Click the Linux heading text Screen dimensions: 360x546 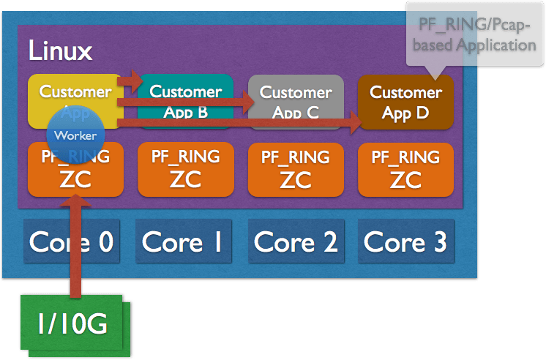[x=60, y=51]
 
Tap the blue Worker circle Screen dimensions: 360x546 [x=75, y=135]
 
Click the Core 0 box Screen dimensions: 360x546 [x=71, y=242]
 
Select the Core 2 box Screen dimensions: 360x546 [x=296, y=242]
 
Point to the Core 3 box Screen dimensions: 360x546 [x=405, y=242]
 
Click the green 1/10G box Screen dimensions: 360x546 [x=69, y=323]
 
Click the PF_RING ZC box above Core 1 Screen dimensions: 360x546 [x=186, y=169]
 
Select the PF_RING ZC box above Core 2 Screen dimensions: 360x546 [x=296, y=169]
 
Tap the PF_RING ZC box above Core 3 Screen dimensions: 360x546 [x=405, y=169]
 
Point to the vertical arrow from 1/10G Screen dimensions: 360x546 [x=75, y=249]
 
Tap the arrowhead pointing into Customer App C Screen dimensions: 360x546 [x=245, y=105]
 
